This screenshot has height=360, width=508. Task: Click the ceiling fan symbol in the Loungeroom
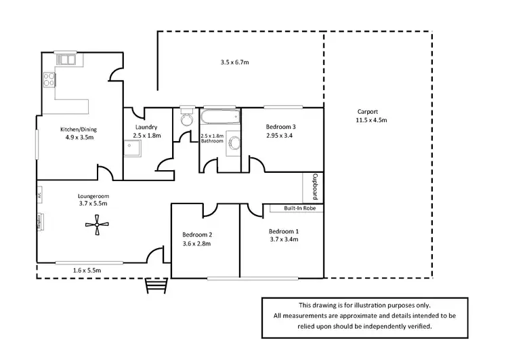[97, 225]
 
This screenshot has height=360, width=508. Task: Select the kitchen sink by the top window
[66, 60]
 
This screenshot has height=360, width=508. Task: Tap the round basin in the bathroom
[234, 144]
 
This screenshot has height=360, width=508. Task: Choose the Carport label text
[368, 112]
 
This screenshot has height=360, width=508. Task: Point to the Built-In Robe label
[293, 209]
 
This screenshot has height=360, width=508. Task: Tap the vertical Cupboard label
[314, 186]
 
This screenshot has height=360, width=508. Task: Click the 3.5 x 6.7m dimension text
[235, 62]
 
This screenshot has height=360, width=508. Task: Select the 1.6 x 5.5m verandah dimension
[87, 271]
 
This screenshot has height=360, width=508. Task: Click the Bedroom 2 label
[197, 235]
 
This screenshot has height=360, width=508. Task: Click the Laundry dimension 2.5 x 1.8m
[146, 136]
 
